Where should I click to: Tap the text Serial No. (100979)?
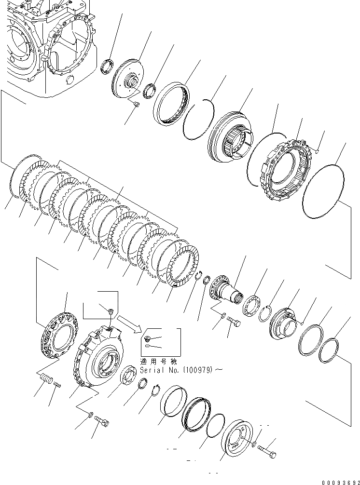pos(180,370)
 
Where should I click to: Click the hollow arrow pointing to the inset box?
pos(129,323)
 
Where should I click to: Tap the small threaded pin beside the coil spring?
pos(58,384)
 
